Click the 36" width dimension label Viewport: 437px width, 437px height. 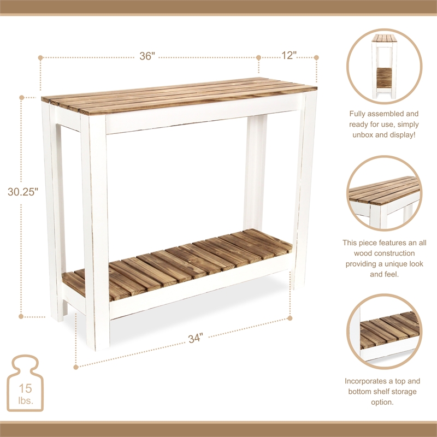click(147, 56)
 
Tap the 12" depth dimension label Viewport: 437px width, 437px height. click(287, 56)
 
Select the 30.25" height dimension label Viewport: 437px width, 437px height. click(23, 192)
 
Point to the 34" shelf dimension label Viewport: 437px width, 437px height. click(195, 338)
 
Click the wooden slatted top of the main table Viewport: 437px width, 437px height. click(180, 96)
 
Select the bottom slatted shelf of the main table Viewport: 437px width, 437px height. click(180, 262)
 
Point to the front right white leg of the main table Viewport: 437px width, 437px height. click(305, 191)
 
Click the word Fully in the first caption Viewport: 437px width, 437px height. click(360, 114)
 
